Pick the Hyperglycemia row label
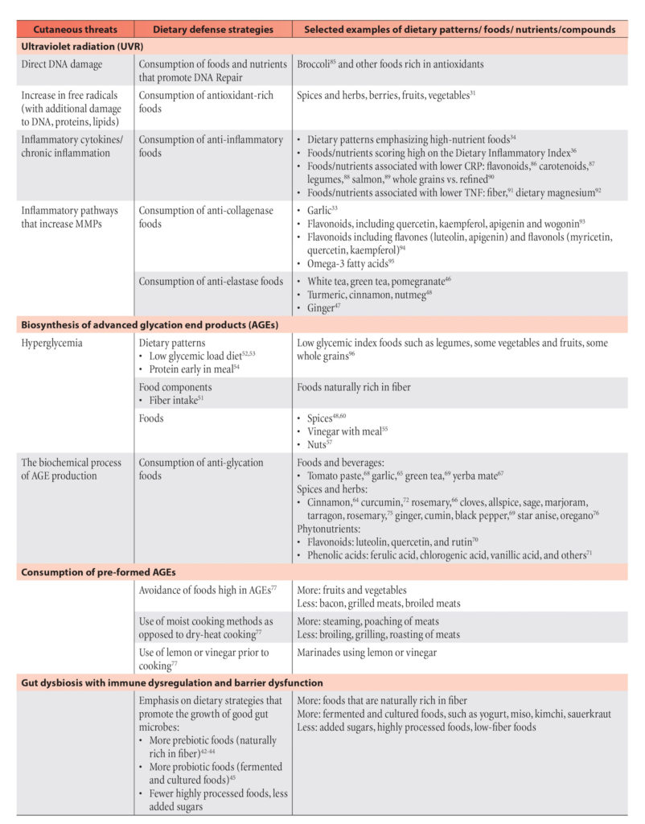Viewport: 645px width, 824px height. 53,344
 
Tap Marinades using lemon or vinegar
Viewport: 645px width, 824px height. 367,653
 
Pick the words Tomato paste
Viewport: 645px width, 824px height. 337,476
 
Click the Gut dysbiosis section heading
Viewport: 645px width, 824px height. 172,682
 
